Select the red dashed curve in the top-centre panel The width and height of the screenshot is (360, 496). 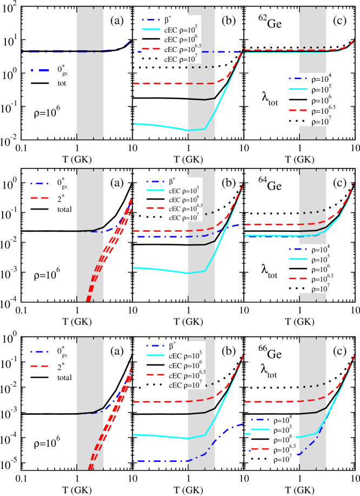click(162, 83)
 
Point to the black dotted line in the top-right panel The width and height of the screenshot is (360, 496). click(314, 48)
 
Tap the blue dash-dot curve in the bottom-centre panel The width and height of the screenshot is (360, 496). click(162, 461)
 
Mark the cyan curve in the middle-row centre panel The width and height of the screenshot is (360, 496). click(162, 270)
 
